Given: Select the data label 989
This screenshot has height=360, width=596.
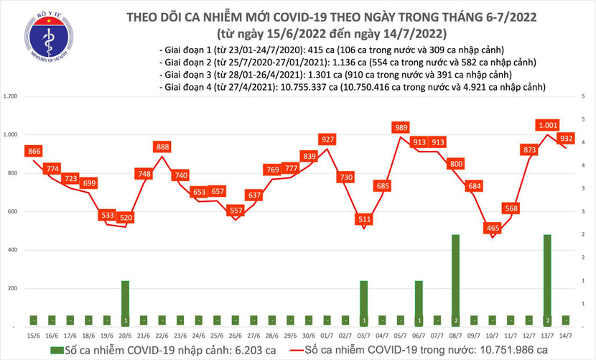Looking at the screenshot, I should [x=401, y=127].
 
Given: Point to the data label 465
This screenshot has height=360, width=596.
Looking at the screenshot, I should [x=492, y=228].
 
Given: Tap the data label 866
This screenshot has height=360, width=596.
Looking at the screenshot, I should [x=33, y=151].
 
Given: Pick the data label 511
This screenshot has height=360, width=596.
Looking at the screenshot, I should [x=364, y=219].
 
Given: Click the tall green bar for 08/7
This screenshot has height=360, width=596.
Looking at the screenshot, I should [x=456, y=280].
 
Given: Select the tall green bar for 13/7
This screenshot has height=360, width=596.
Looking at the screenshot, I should [x=548, y=280].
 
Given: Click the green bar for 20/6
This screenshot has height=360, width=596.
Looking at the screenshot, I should [x=125, y=303].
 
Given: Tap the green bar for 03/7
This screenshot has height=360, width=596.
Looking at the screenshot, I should [x=364, y=303].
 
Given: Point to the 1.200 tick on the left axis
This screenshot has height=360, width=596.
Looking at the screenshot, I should [x=11, y=96].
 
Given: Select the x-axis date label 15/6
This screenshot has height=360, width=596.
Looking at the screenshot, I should [x=33, y=335].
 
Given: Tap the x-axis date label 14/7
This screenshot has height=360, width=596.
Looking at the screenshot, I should [x=567, y=335].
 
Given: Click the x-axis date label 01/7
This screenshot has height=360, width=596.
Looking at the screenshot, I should [x=327, y=335].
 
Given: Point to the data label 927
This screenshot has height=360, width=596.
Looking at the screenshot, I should [x=327, y=139].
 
